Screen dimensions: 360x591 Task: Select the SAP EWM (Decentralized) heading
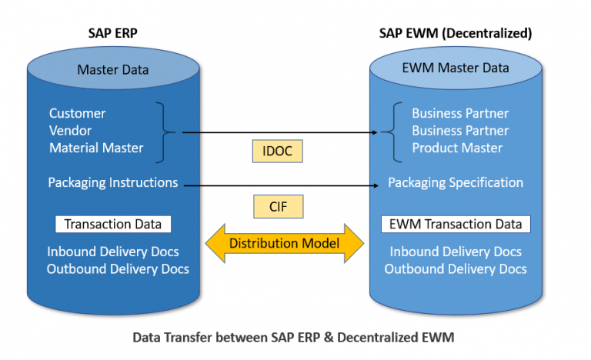(x=456, y=33)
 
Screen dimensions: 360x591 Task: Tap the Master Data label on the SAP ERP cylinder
(x=113, y=70)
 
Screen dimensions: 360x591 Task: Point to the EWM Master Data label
(x=456, y=68)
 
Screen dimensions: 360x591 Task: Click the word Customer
(x=77, y=113)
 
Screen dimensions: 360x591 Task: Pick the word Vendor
(x=71, y=131)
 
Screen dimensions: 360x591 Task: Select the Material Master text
(x=96, y=148)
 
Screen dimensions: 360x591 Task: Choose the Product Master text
(x=457, y=148)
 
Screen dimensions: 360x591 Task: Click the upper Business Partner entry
(x=460, y=113)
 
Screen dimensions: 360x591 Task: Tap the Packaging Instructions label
(x=112, y=183)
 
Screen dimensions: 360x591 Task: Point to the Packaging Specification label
(x=456, y=183)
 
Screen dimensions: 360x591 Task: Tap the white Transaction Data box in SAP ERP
(x=113, y=225)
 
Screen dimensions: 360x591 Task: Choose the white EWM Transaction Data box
(x=456, y=225)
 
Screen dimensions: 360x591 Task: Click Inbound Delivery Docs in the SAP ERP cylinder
(x=113, y=252)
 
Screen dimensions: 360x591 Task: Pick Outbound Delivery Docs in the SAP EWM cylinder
(x=456, y=269)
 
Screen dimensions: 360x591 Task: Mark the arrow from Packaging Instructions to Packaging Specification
(x=277, y=185)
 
